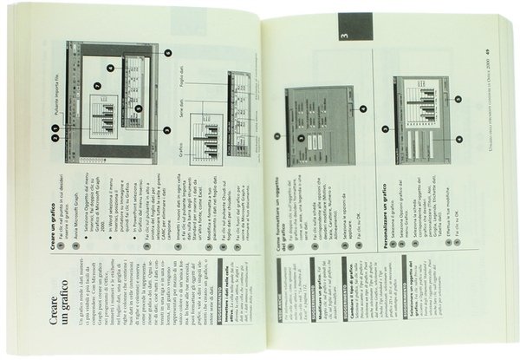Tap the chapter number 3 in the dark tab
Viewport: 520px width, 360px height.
pyautogui.click(x=343, y=36)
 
